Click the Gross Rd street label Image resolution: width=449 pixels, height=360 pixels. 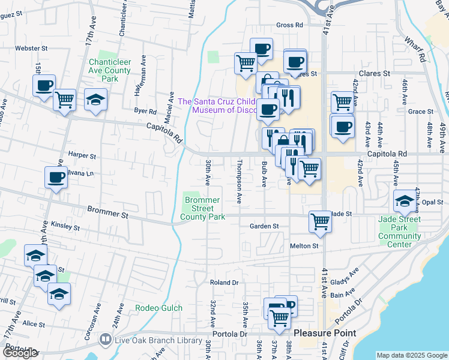tap(290, 25)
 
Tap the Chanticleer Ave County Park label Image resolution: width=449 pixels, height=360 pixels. tap(109, 70)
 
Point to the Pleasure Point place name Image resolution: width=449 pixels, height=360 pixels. tap(325, 332)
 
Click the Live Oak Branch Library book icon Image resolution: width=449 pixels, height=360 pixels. tap(106, 340)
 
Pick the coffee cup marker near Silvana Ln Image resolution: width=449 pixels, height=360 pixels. tap(56, 178)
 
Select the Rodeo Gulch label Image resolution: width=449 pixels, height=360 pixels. tap(158, 308)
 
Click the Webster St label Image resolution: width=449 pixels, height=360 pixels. tap(31, 48)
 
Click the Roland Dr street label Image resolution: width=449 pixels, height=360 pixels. tap(224, 282)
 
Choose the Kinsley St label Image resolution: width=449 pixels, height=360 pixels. tap(65, 227)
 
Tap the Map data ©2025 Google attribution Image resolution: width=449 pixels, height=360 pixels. tap(411, 355)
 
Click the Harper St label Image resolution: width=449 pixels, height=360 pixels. tap(82, 155)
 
